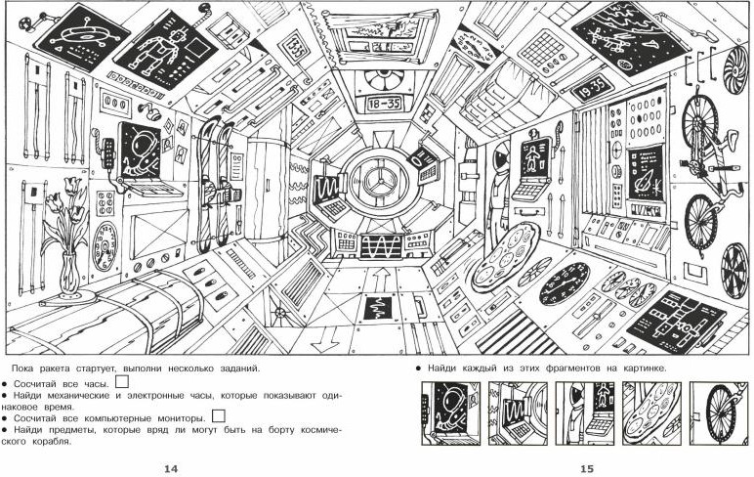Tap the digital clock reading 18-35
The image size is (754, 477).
383,102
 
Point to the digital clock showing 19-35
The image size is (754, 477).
591,89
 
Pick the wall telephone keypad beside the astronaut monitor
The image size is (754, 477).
107,152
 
